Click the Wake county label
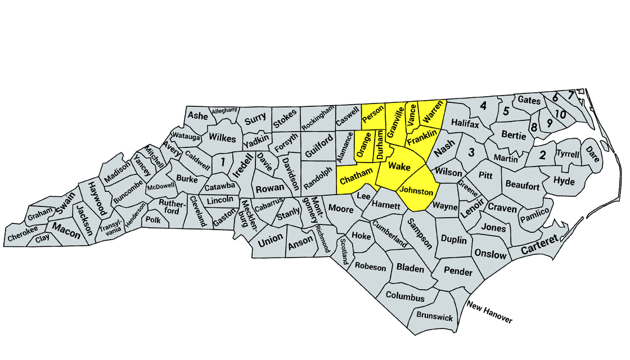pyautogui.click(x=399, y=166)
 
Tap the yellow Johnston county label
pyautogui.click(x=417, y=192)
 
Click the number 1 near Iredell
pyautogui.click(x=223, y=162)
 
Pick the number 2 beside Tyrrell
pyautogui.click(x=542, y=156)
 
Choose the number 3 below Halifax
pyautogui.click(x=472, y=152)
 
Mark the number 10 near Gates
pyautogui.click(x=560, y=115)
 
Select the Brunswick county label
pyautogui.click(x=434, y=317)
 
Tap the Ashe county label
pyautogui.click(x=197, y=115)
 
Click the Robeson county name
pyautogui.click(x=371, y=267)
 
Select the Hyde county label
pyautogui.click(x=564, y=181)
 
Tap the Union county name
pyautogui.click(x=270, y=239)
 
